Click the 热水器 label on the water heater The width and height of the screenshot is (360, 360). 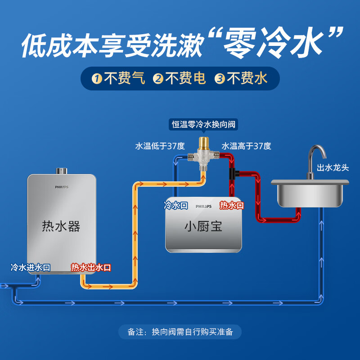pyautogui.click(x=61, y=226)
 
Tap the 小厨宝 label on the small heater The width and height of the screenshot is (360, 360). pyautogui.click(x=203, y=226)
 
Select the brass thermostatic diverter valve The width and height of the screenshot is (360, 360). pyautogui.click(x=204, y=155)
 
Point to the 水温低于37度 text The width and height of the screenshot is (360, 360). pyautogui.click(x=160, y=146)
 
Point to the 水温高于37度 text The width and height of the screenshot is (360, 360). pyautogui.click(x=246, y=146)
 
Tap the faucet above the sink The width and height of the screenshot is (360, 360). pyautogui.click(x=315, y=160)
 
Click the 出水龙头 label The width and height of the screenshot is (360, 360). pyautogui.click(x=333, y=168)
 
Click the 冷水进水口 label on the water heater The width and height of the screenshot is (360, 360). pyautogui.click(x=31, y=267)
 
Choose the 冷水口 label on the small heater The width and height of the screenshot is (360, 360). pyautogui.click(x=175, y=206)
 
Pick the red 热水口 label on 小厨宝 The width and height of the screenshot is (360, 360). pyautogui.click(x=232, y=206)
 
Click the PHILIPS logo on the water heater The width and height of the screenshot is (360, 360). pyautogui.click(x=62, y=187)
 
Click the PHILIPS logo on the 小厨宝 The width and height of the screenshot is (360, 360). pyautogui.click(x=203, y=206)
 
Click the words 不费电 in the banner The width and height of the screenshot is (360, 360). pyautogui.click(x=186, y=79)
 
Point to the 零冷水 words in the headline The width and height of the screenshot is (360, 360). pyautogui.click(x=277, y=44)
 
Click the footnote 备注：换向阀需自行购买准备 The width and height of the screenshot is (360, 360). pyautogui.click(x=180, y=332)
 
